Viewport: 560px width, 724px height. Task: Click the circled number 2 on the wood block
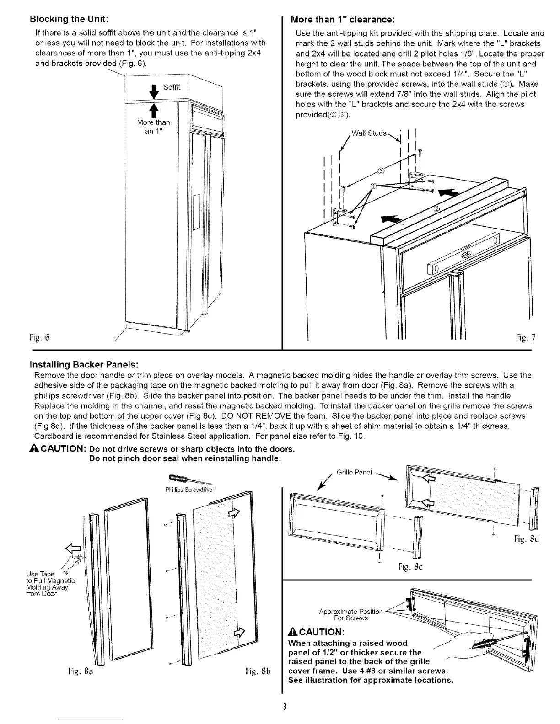pos(436,209)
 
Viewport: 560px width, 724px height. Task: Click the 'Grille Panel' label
pos(355,472)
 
